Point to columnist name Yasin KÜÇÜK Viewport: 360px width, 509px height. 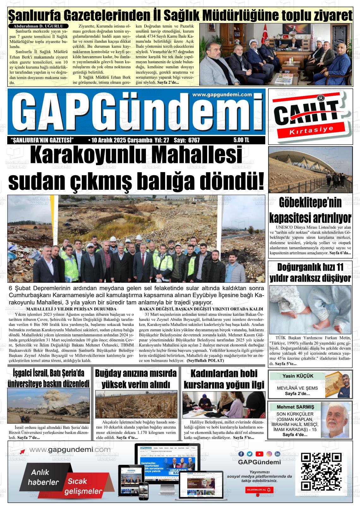pos(294,376)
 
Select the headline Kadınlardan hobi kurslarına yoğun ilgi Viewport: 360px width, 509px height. pos(224,379)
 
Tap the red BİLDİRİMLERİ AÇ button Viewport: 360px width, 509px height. pos(260,489)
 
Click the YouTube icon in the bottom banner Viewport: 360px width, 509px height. pos(259,454)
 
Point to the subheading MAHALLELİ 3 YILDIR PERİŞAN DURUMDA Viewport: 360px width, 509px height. pos(71,309)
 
